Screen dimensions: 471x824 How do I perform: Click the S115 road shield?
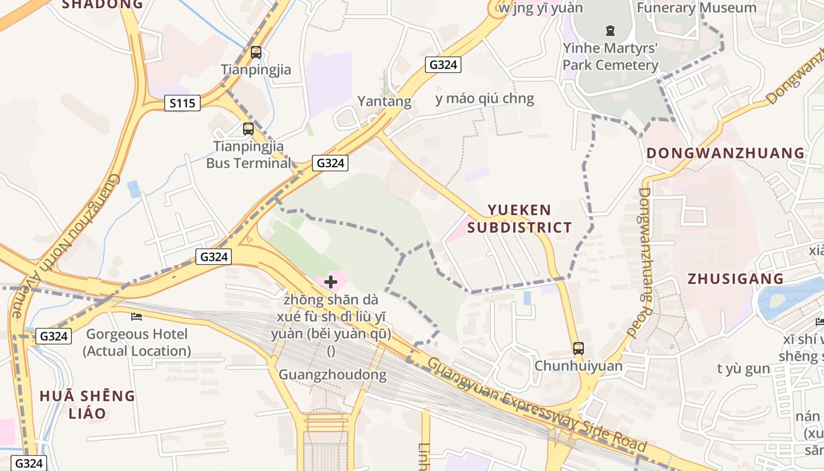pyautogui.click(x=182, y=104)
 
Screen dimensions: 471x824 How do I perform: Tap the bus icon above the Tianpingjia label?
pyautogui.click(x=256, y=52)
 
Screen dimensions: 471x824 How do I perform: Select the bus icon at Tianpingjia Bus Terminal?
pyautogui.click(x=248, y=128)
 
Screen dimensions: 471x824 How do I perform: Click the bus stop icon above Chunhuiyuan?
pyautogui.click(x=579, y=348)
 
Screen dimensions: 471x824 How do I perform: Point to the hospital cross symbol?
pyautogui.click(x=331, y=283)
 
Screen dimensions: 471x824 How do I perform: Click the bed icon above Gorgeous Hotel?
pyautogui.click(x=137, y=317)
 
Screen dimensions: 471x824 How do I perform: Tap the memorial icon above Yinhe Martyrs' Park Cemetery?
pyautogui.click(x=610, y=30)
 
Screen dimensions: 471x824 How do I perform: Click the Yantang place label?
pyautogui.click(x=384, y=101)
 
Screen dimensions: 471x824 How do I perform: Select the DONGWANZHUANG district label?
pyautogui.click(x=725, y=153)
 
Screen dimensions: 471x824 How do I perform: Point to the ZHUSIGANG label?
pyautogui.click(x=736, y=278)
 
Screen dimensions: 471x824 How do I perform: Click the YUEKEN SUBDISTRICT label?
pyautogui.click(x=520, y=218)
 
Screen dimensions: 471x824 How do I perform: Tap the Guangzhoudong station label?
pyautogui.click(x=332, y=374)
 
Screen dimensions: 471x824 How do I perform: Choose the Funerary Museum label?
pyautogui.click(x=696, y=8)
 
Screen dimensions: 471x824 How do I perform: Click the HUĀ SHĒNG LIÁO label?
pyautogui.click(x=87, y=404)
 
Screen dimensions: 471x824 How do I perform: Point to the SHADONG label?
pyautogui.click(x=102, y=4)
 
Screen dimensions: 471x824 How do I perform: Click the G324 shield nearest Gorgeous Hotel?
pyautogui.click(x=53, y=336)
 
